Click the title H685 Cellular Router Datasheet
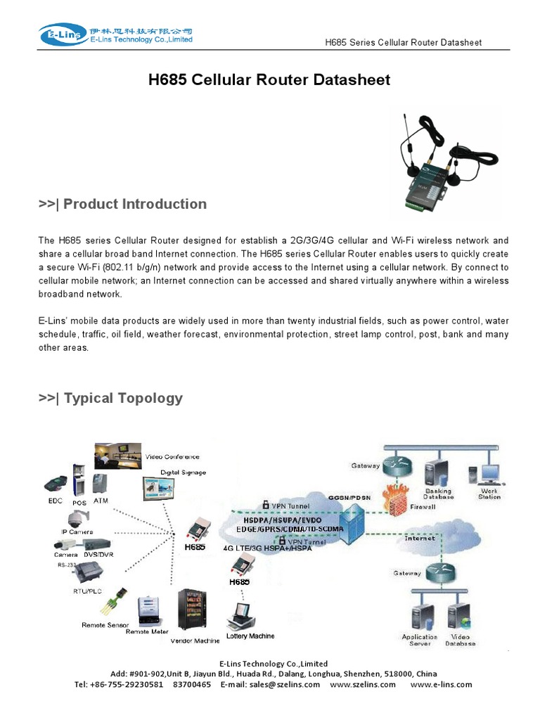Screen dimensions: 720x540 tap(269, 80)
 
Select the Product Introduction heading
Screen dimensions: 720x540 tap(122, 204)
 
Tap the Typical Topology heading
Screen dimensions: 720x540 tap(110, 398)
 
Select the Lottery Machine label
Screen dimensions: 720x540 tap(250, 636)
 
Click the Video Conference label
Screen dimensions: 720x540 tap(172, 457)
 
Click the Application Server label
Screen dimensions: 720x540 tap(420, 640)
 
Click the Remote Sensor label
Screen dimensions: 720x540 tap(105, 624)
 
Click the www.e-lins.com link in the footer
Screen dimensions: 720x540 tap(441, 684)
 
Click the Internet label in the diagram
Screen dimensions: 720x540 tap(420, 539)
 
